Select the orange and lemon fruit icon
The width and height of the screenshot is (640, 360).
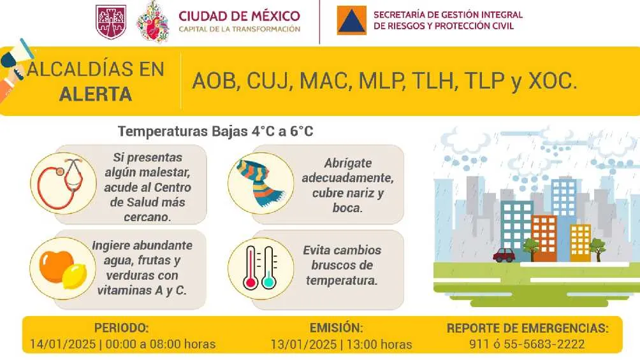pos(59,268)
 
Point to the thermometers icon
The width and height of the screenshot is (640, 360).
pos(259,268)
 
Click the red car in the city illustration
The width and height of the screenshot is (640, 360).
pos(504,255)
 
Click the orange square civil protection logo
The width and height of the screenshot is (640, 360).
pos(352,22)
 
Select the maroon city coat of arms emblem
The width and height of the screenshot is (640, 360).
pos(110,22)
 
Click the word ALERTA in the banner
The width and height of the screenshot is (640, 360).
pos(96,94)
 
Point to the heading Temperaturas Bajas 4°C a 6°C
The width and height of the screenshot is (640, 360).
pos(215,132)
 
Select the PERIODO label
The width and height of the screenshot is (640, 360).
pos(122,328)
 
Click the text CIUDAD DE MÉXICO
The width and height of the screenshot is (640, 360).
pos(239,16)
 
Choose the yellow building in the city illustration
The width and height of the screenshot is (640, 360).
pos(580,241)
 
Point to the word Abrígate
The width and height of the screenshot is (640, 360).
pos(347,162)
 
